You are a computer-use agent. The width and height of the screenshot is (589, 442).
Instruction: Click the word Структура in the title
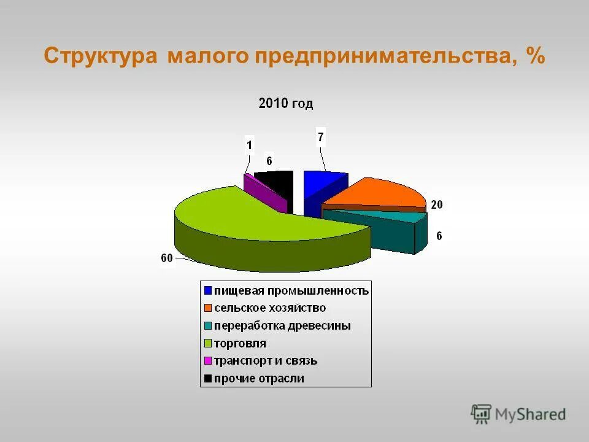pos(101,56)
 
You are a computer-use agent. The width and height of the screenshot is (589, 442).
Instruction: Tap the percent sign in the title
pos(534,56)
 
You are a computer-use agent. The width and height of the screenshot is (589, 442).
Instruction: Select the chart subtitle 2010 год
pos(286,103)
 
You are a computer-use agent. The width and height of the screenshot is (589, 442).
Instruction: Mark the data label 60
pos(166,258)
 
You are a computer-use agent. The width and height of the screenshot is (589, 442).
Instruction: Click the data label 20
pos(436,205)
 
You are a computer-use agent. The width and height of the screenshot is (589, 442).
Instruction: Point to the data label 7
pos(320,136)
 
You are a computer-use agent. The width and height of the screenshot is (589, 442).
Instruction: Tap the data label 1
pos(249,145)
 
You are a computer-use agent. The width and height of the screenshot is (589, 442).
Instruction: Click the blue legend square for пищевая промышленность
pos(209,290)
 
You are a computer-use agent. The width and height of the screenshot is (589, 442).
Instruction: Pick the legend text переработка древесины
pos(282,325)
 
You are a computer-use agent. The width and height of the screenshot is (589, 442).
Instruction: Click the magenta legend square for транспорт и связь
pos(209,361)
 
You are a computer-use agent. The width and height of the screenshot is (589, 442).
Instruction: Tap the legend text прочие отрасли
pos(259,379)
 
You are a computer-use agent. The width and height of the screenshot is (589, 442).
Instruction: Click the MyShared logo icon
pos(481,413)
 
